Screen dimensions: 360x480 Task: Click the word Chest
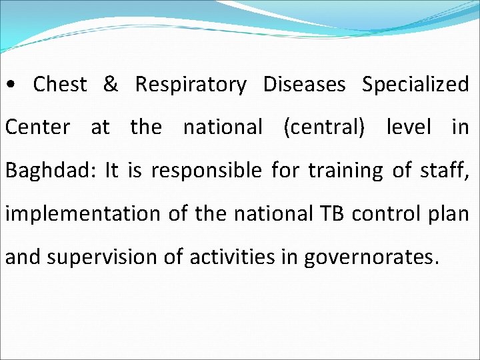pos(60,85)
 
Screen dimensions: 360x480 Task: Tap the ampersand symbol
pos(111,85)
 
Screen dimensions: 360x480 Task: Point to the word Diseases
pos(304,85)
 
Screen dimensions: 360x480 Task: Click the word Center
pos(37,127)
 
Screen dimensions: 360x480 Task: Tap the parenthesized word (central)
pos(324,127)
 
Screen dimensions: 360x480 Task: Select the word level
pos(409,127)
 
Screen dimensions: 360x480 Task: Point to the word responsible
pos(206,171)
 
